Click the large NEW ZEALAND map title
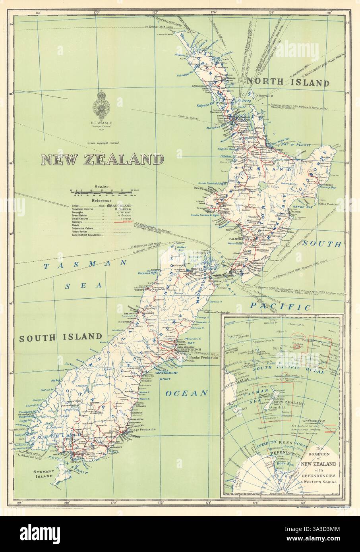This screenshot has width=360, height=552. (103, 160)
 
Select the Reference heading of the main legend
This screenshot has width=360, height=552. (97, 201)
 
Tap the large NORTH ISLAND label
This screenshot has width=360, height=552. (288, 83)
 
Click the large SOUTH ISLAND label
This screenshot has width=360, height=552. (60, 337)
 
